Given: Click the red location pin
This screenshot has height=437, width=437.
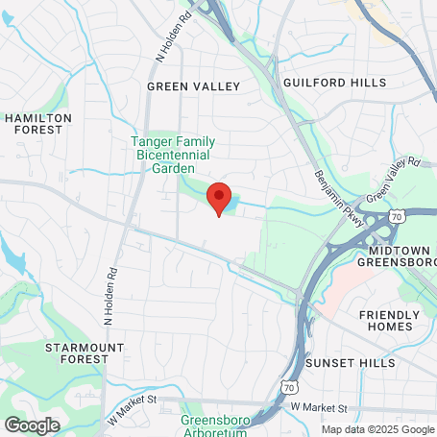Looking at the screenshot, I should [218, 198].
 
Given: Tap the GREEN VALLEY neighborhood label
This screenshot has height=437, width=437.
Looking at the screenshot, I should [193, 86].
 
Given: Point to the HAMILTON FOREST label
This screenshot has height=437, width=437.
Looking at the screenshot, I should [38, 124].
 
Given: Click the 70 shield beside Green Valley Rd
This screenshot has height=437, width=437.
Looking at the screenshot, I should [396, 194].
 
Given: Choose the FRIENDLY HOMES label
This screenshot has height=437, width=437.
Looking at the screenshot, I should [390, 321].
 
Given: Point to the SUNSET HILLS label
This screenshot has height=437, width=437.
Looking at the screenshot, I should [350, 363].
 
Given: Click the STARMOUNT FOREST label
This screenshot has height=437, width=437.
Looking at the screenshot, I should [77, 352].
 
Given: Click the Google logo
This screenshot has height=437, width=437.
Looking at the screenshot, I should [32, 424].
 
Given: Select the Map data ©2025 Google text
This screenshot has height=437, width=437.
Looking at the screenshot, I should [376, 429].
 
